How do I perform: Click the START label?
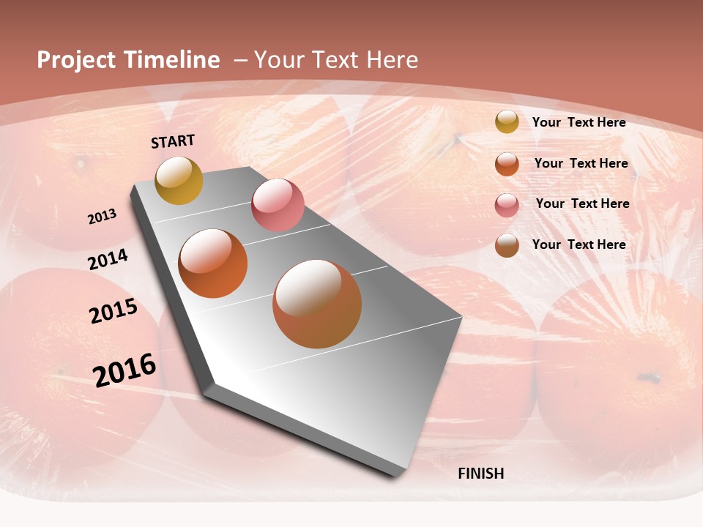point(173,141)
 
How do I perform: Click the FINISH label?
point(480,474)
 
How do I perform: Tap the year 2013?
point(102,217)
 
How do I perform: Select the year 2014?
point(108,259)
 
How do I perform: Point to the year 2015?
point(114,311)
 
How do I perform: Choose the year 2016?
point(124,370)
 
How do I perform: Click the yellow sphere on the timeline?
point(179,180)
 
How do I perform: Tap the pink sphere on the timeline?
point(278,205)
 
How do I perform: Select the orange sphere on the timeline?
point(213,263)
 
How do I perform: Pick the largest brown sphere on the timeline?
point(317,304)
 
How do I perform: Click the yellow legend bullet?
point(507,122)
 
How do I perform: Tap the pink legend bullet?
point(507,205)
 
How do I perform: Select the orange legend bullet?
point(507,164)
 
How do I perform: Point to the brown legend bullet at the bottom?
point(507,246)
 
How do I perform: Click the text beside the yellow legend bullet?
point(579,122)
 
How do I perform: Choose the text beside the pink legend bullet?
point(582,203)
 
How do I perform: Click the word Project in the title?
point(75,60)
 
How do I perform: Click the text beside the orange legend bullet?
point(581,163)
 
